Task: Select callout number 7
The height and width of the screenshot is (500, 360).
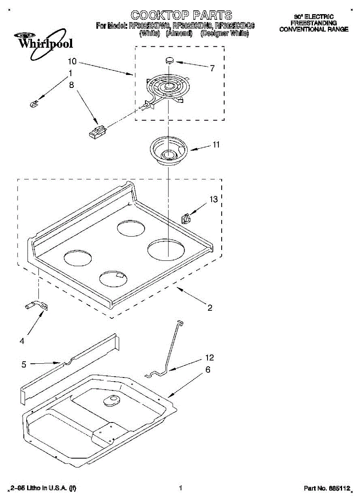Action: coord(212,68)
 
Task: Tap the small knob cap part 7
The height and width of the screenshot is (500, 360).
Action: coord(170,60)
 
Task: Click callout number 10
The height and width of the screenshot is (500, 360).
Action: coord(72,61)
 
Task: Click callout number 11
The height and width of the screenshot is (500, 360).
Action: coord(216,145)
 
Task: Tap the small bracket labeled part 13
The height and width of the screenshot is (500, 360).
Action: coord(186,218)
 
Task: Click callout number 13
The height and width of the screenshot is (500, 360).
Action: coord(214,200)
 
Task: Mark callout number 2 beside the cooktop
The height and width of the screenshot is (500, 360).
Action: coord(210,308)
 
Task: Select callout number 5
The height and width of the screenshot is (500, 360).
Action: coord(24,365)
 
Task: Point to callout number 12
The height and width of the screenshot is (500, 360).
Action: coord(210,357)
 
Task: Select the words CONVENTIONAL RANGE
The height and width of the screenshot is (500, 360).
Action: coord(314,30)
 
